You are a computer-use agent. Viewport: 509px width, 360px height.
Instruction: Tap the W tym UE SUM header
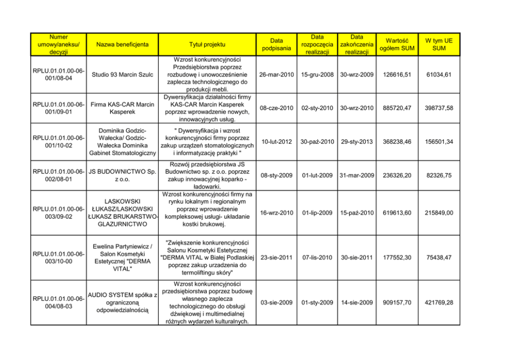pos(439,44)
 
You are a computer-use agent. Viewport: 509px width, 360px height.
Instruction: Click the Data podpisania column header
pos(277,45)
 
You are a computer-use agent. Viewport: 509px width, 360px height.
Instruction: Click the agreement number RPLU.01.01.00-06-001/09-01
pos(58,108)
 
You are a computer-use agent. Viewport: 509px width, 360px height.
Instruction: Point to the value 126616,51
pos(396,75)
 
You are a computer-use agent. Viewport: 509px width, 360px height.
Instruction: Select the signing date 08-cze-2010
pos(277,108)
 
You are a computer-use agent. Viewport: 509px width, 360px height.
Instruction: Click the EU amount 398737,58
pos(439,108)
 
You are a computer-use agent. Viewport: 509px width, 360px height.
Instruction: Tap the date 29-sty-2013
pos(356,141)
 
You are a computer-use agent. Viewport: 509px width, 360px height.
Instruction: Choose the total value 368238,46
pos(396,141)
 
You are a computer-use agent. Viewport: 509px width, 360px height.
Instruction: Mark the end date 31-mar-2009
pos(356,175)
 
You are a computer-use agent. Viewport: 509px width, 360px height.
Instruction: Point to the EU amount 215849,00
pos(439,213)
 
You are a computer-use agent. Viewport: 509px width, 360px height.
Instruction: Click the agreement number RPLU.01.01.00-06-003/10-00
pos(58,257)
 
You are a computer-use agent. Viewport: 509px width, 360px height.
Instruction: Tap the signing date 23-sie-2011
pos(277,257)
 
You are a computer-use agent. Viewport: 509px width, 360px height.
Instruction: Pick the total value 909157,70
pos(396,303)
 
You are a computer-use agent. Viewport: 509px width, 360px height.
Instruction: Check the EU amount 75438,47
pos(439,257)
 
